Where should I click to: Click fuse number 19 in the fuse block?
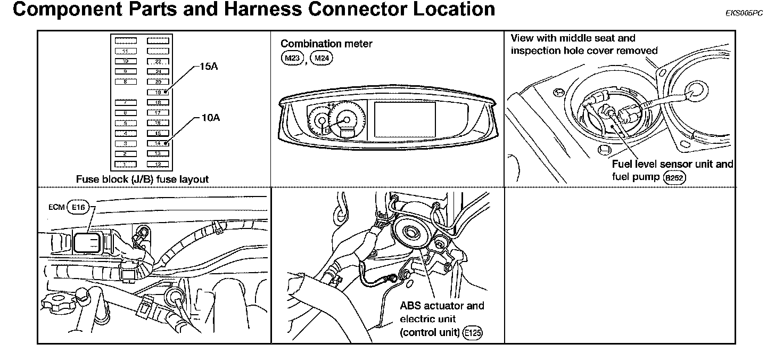(158, 92)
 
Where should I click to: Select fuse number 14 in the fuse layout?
(158, 143)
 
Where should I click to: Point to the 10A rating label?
(210, 118)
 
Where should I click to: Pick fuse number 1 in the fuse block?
(126, 164)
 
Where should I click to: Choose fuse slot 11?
(126, 51)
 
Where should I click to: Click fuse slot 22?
(158, 61)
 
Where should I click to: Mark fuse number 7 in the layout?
(126, 102)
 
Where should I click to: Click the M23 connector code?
(291, 58)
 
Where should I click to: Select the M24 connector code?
(321, 58)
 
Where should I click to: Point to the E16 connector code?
(78, 208)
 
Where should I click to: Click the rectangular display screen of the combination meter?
(405, 119)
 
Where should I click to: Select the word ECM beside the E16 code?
(56, 208)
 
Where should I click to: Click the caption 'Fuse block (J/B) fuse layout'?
(142, 179)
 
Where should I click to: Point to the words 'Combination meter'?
(326, 44)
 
